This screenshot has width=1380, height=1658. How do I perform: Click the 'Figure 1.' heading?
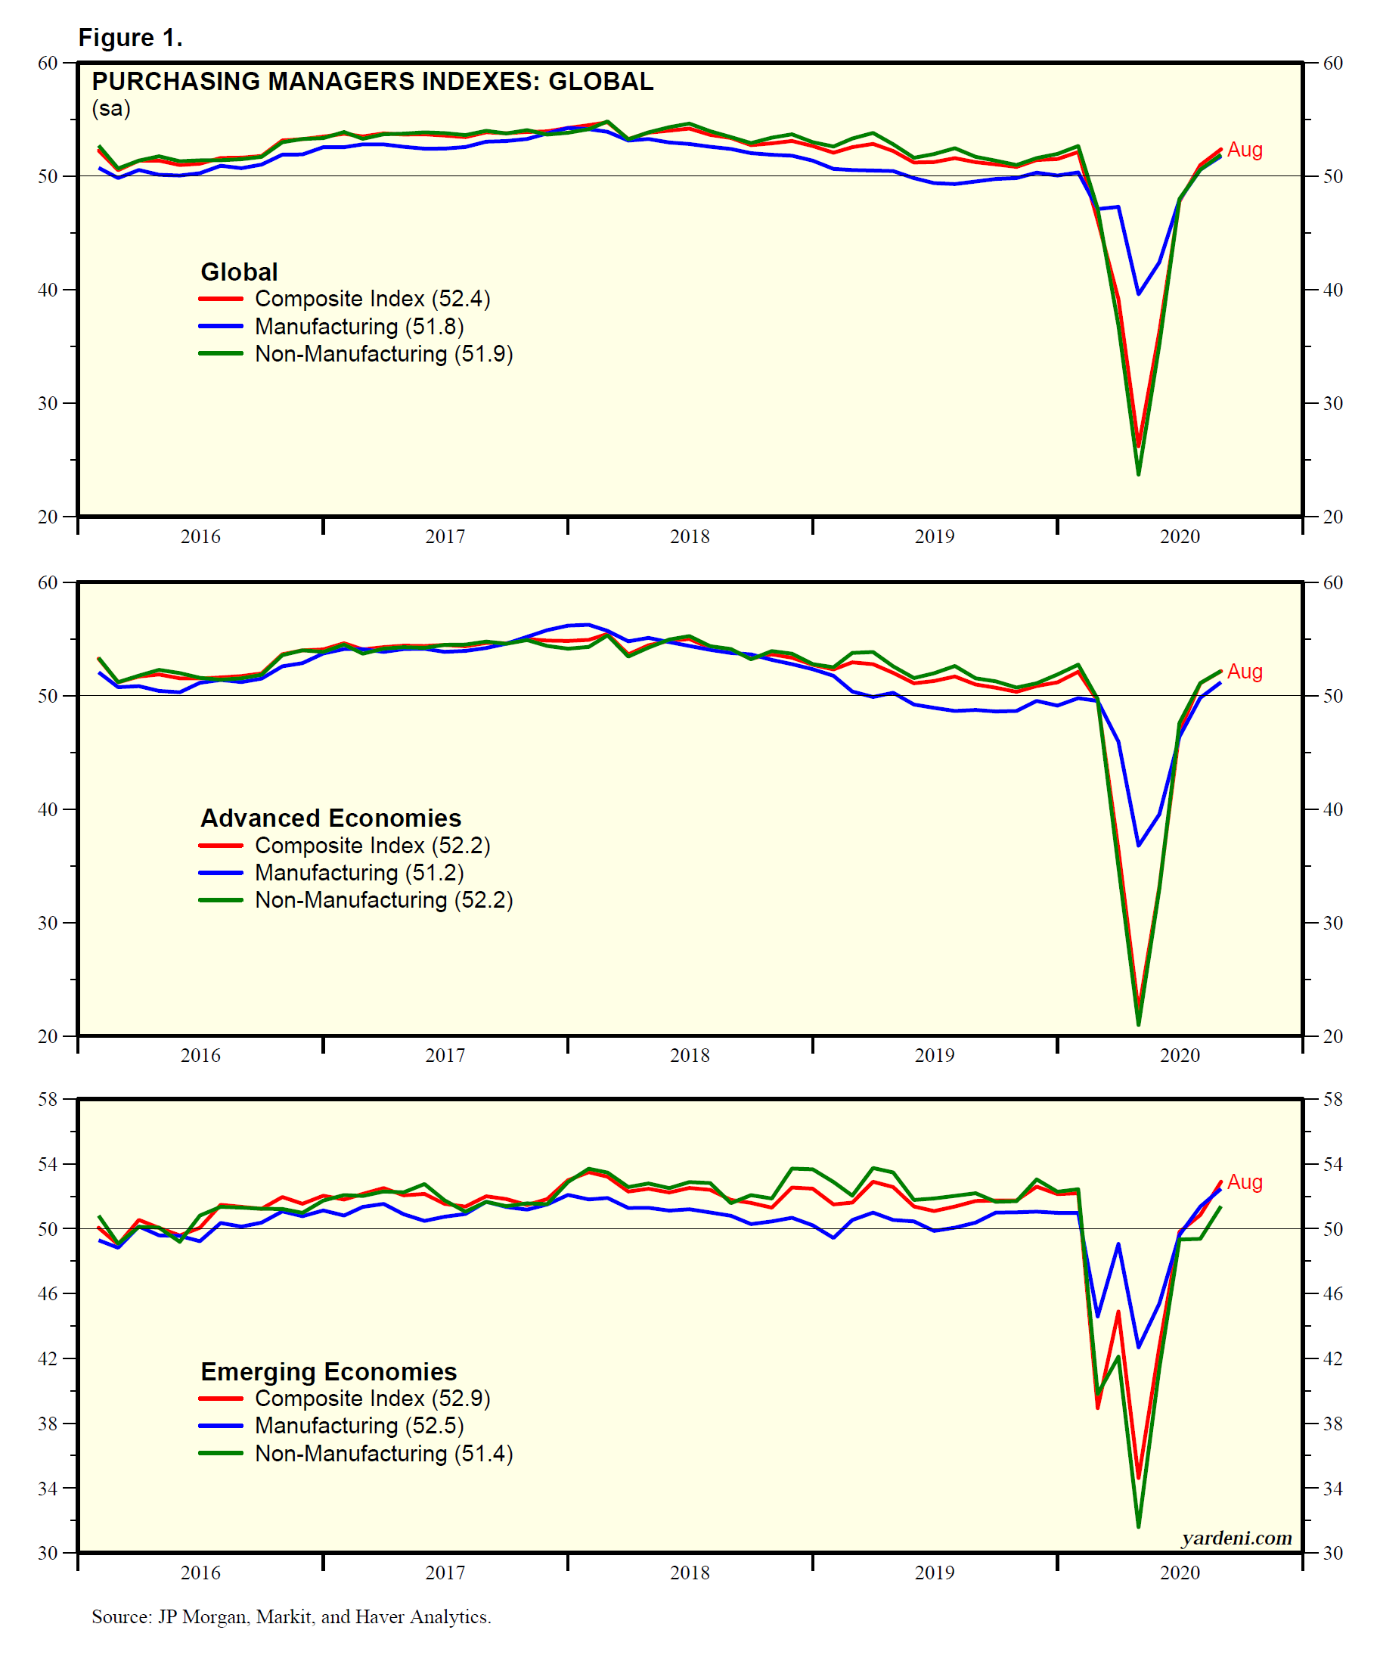coord(130,37)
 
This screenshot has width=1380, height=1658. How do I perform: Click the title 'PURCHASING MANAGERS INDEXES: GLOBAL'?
coord(373,82)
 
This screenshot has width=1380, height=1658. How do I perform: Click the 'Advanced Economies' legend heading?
coord(330,817)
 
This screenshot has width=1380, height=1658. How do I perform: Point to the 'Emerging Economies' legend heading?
coord(328,1371)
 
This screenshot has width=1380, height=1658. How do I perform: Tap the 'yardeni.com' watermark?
coord(1236,1537)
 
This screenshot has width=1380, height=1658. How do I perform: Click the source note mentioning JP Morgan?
coord(291,1616)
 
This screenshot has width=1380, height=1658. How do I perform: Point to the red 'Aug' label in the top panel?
coord(1245,149)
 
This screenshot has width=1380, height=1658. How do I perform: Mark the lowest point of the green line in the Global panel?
coord(1139,473)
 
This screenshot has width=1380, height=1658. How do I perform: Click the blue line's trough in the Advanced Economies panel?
coord(1139,846)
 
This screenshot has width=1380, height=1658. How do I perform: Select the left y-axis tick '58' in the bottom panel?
coord(48,1099)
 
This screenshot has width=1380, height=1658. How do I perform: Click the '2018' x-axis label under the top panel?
coord(689,537)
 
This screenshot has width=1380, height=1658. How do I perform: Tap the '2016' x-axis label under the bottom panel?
coord(200,1573)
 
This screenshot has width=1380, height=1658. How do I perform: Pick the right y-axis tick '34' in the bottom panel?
coord(1332,1489)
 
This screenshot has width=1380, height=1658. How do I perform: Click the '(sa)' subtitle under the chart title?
coord(111,108)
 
